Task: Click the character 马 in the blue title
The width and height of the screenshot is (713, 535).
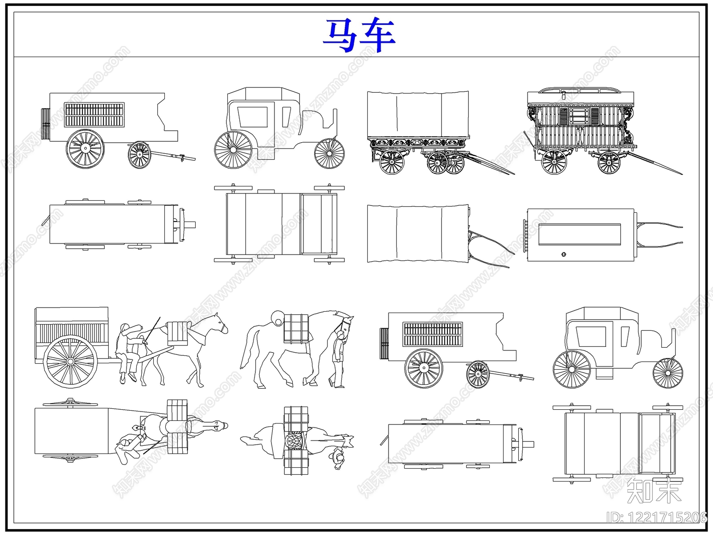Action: [341, 35]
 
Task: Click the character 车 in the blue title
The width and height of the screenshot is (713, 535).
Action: [378, 35]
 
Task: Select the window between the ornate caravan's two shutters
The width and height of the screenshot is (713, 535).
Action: [579, 115]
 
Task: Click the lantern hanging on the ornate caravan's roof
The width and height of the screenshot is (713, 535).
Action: [564, 95]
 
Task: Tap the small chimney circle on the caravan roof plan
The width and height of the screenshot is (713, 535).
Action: [564, 254]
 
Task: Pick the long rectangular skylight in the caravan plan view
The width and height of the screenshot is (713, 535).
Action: [579, 234]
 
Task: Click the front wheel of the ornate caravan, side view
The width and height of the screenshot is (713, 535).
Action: [609, 162]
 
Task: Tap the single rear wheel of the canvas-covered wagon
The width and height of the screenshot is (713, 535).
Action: [392, 162]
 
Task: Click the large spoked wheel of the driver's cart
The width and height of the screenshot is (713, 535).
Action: [70, 362]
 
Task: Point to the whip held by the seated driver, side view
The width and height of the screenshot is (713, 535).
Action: [153, 330]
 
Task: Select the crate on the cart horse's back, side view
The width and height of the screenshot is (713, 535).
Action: [177, 333]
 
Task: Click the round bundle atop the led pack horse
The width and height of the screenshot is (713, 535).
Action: [278, 318]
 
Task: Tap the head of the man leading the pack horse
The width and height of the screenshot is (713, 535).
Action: [341, 335]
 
